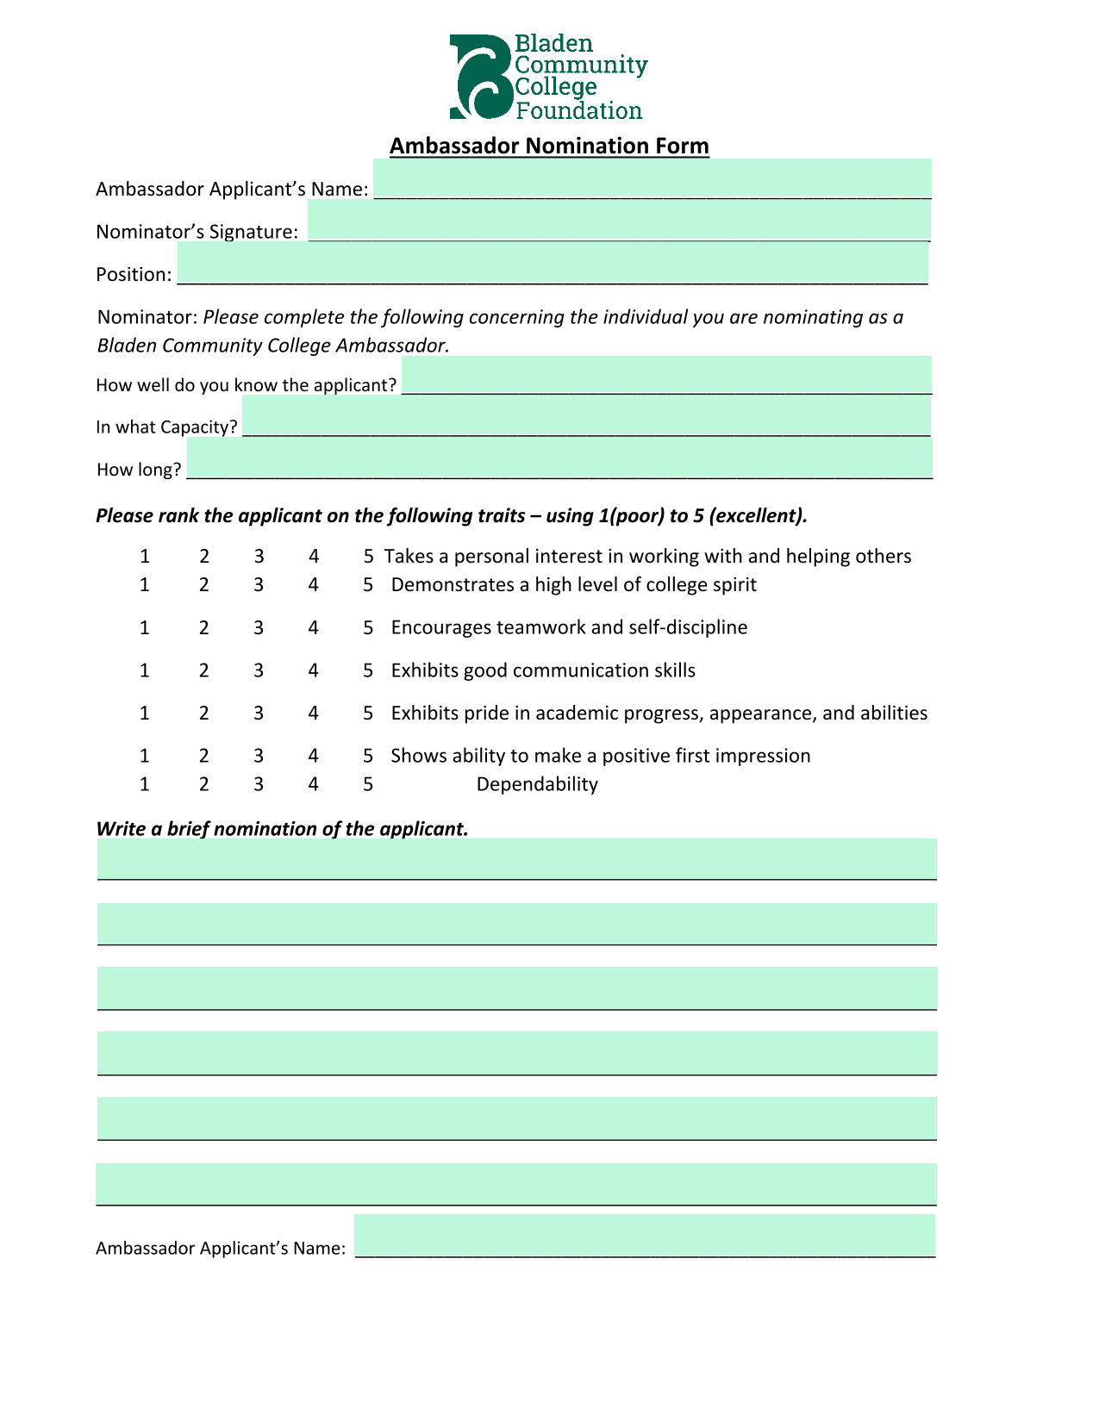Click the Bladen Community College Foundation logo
coord(547,78)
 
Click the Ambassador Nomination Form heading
coord(549,146)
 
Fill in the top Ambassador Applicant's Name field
coord(652,179)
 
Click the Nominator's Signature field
coord(619,221)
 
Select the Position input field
coord(553,264)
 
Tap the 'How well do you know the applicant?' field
coord(666,375)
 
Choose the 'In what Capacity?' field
coord(586,416)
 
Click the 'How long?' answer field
coord(559,458)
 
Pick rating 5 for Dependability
coord(368,784)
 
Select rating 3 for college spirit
coord(259,585)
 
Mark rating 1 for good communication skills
coord(145,670)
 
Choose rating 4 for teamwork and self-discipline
coord(314,627)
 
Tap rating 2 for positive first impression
coord(204,756)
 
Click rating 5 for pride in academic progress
coord(368,714)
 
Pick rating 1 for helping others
coord(145,557)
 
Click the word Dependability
coord(537,784)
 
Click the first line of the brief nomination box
coord(517,859)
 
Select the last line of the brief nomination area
coord(516,1184)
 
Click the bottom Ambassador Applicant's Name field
coord(645,1236)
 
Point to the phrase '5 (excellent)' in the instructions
coord(750,516)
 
